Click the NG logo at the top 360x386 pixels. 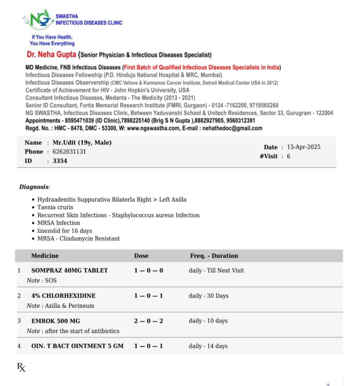coord(37,20)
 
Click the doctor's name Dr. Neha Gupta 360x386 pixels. coord(51,54)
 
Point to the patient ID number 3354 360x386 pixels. coord(60,161)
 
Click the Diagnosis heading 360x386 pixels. coord(34,187)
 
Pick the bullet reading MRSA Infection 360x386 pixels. coord(59,223)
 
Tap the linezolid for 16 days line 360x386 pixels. coord(64,231)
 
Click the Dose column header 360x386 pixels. coord(141,256)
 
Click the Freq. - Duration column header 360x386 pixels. coord(214,256)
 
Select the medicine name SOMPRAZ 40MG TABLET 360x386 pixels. coord(69,270)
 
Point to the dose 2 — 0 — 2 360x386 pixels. coord(148,321)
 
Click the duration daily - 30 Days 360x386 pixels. coord(208,296)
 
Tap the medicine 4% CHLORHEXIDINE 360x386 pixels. coord(64,296)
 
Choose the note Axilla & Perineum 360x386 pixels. coord(69,306)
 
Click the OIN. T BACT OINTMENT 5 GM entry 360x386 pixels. coord(77,346)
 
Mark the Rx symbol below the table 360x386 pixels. coord(21,368)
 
